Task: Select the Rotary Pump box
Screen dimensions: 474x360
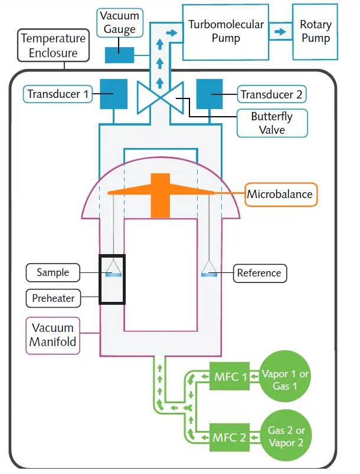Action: tap(315, 32)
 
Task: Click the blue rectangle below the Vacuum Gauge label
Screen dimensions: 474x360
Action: tap(119, 55)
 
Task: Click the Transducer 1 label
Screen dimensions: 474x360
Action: tap(58, 94)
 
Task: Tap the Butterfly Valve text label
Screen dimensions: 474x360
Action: tap(271, 123)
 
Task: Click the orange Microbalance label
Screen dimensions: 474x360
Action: tap(281, 194)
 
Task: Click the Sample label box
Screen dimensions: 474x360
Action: tap(53, 272)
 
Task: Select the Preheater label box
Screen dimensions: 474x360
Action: tap(53, 298)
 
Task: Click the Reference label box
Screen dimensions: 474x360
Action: tap(259, 273)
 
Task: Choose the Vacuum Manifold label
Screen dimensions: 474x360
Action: tap(53, 335)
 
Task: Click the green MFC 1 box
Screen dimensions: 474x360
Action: tap(228, 376)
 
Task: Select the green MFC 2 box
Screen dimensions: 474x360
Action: tap(228, 437)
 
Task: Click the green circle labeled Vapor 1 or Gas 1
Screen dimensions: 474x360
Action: tap(285, 378)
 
